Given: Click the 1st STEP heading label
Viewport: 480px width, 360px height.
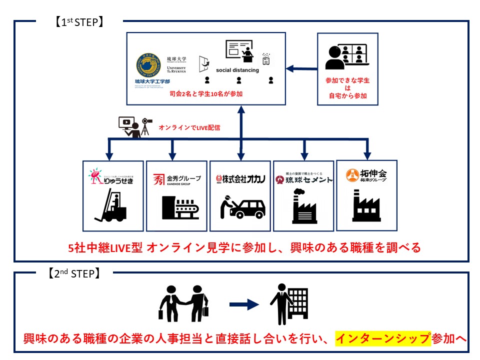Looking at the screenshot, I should [x=79, y=22].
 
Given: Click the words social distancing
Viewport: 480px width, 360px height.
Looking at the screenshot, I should [x=237, y=70].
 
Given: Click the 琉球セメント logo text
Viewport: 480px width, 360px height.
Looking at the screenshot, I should [x=304, y=179].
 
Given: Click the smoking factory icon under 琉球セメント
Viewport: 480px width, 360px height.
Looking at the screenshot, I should [x=304, y=206].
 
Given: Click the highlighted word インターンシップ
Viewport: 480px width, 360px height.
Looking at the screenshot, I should [x=382, y=338].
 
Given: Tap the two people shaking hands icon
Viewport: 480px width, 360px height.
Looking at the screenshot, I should [x=183, y=302].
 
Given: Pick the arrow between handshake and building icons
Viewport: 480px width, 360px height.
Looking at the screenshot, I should [x=244, y=303].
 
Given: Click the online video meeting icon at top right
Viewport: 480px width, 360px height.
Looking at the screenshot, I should [x=348, y=56].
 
